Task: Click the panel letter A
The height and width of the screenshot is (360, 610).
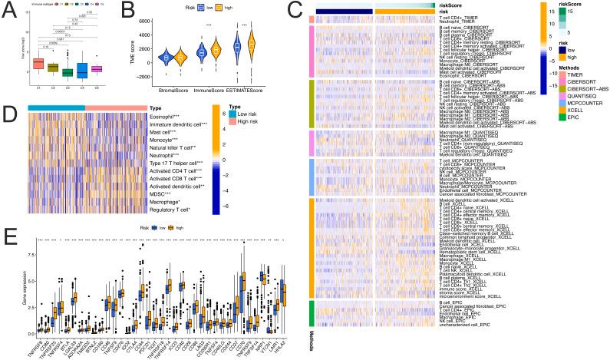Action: click(9, 9)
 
